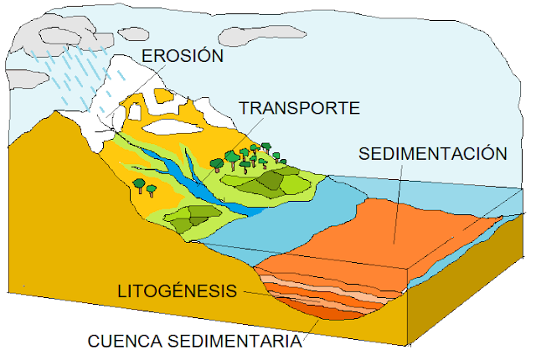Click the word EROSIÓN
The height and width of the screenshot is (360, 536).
[183, 55]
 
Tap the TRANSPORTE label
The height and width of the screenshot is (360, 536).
[299, 108]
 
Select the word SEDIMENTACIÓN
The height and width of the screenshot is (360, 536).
[432, 154]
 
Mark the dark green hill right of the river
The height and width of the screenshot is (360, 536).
[270, 179]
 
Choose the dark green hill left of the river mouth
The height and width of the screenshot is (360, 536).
[191, 217]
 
